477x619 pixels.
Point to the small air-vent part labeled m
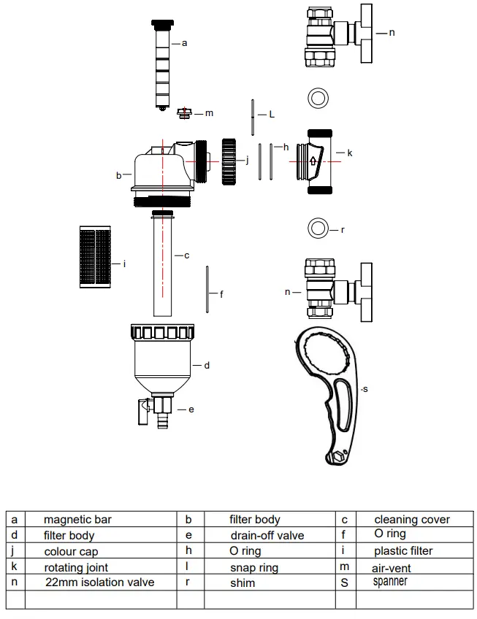point(185,112)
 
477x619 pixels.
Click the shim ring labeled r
point(318,228)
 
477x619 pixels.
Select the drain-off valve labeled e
point(159,410)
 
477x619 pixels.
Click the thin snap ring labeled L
point(251,115)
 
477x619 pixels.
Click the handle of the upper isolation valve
point(363,33)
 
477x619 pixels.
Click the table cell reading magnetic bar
point(77,520)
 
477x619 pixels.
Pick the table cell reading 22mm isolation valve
point(99,582)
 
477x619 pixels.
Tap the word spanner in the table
point(390,582)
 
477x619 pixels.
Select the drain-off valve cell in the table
point(267,535)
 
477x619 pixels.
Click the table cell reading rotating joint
point(76,567)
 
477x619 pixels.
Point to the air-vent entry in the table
point(392,567)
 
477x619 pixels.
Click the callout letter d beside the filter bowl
point(207,364)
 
